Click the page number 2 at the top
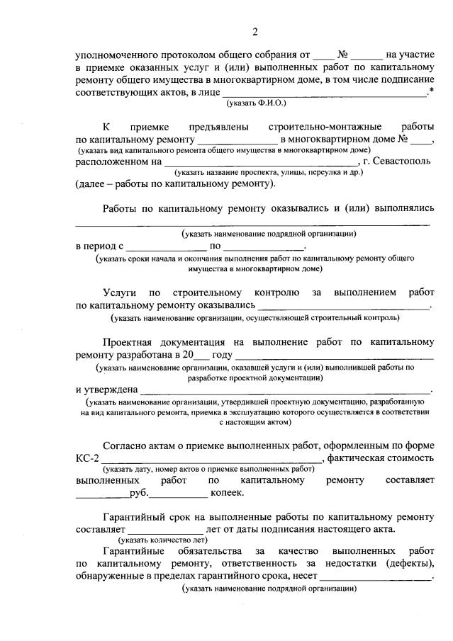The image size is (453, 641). tap(255, 30)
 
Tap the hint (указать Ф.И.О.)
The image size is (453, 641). tap(256, 103)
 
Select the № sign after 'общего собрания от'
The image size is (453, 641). tap(342, 54)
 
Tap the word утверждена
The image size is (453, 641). tap(106, 390)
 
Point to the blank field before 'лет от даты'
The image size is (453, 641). tap(164, 528)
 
